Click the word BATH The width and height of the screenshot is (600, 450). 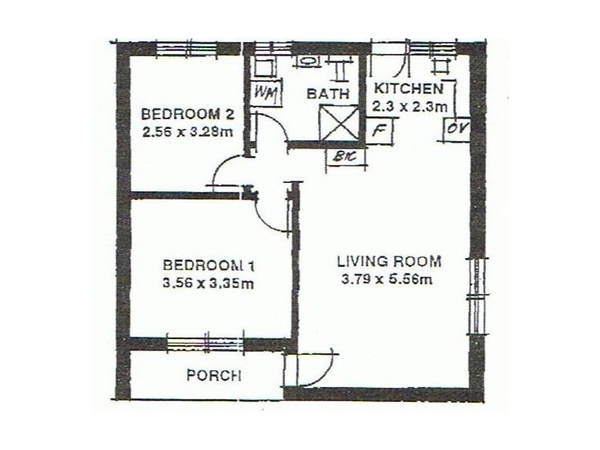(328, 94)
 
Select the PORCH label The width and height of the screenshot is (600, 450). (213, 376)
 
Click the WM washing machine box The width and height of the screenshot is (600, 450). (264, 93)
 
